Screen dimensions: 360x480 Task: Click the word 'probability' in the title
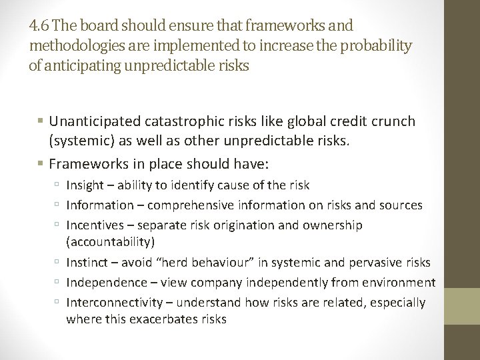[377, 46]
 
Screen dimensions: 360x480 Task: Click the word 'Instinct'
[87, 263]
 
